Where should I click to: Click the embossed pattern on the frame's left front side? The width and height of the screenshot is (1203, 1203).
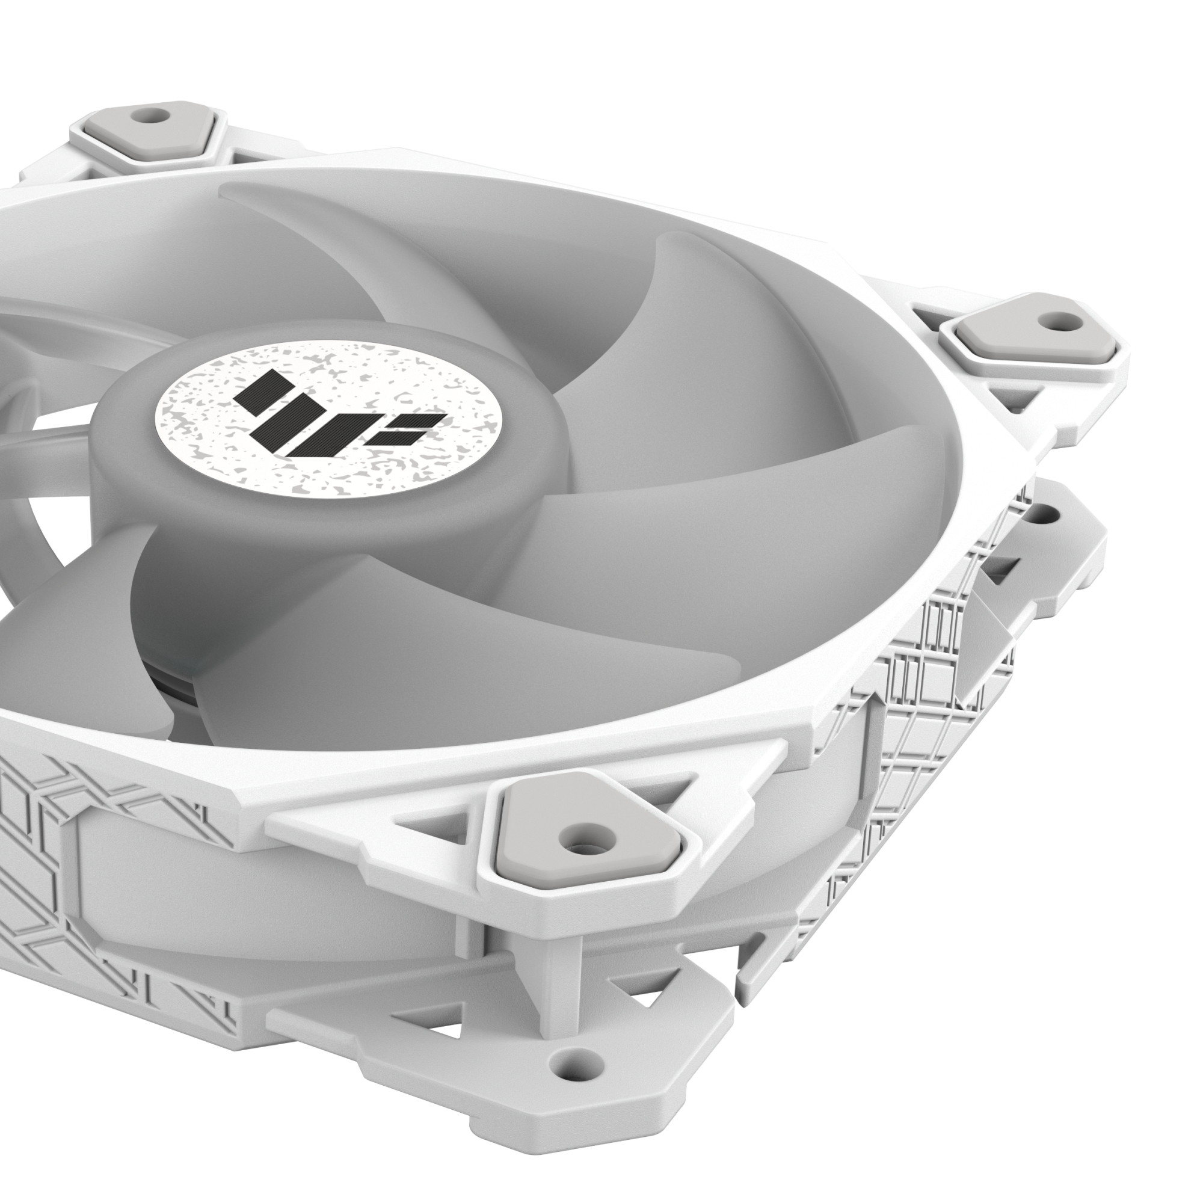point(93,828)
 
